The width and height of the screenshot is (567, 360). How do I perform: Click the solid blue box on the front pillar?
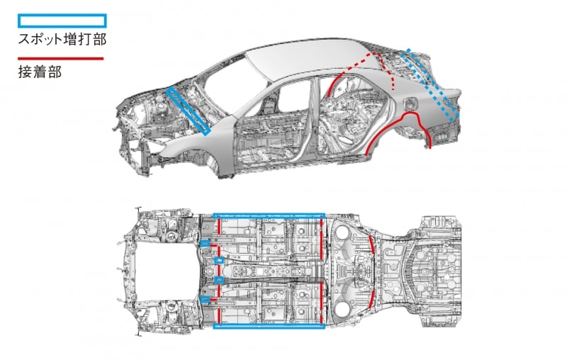(x=189, y=110)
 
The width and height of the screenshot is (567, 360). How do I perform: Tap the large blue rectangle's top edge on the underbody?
(x=269, y=213)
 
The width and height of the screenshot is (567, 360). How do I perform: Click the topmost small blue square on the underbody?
(x=203, y=243)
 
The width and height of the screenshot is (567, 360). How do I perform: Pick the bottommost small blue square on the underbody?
(x=204, y=298)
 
